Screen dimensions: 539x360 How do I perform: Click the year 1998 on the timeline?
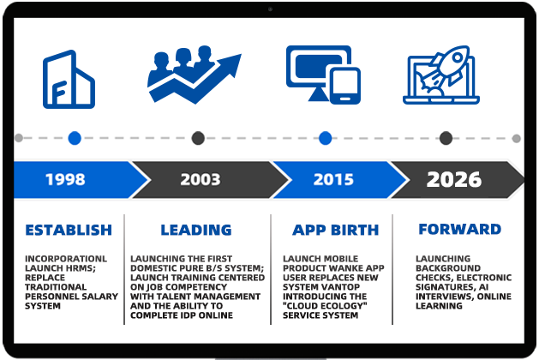click(65, 179)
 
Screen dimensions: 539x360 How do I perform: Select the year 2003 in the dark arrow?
click(201, 179)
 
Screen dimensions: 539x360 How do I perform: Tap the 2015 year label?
click(333, 179)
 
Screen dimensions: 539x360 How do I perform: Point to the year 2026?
click(454, 179)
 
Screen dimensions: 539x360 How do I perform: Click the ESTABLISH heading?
click(69, 230)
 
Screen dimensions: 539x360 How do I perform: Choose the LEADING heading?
click(196, 230)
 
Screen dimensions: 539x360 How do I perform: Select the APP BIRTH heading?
click(336, 230)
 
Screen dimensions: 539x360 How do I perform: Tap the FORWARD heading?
click(460, 230)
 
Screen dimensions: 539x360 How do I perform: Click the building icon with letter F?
click(69, 79)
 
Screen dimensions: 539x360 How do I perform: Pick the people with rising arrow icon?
click(195, 75)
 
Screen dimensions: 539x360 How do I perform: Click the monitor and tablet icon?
click(323, 75)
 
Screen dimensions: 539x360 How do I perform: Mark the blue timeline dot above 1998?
click(75, 138)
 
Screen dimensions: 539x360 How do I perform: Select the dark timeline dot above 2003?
click(198, 138)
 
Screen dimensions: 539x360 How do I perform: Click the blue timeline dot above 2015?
click(325, 138)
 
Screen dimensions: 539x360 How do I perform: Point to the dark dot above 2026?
click(446, 138)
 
